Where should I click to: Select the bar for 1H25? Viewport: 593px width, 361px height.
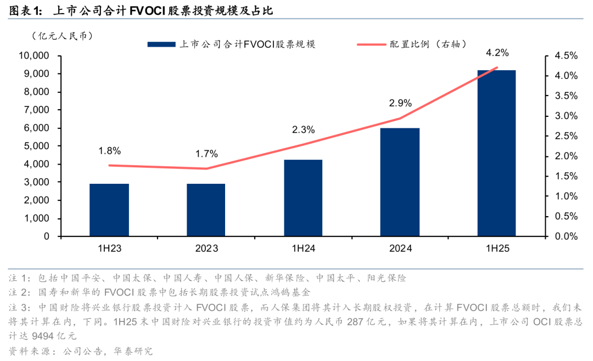click(496, 153)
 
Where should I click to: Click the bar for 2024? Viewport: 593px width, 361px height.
click(400, 182)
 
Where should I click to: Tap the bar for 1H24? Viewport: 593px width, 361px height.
click(303, 198)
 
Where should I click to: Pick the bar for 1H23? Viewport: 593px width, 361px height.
click(109, 210)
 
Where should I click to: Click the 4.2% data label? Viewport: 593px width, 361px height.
click(497, 53)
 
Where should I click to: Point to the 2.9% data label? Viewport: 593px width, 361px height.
click(400, 103)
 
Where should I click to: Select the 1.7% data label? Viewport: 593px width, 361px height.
click(206, 154)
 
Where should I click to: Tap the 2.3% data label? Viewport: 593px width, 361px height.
click(303, 130)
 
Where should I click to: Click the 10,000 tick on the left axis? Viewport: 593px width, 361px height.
click(34, 56)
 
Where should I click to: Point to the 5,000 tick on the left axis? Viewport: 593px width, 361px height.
click(36, 146)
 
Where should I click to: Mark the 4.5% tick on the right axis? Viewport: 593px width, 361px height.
click(563, 56)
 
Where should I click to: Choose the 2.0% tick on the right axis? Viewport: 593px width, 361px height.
click(563, 156)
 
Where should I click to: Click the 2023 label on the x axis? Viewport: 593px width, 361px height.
click(206, 249)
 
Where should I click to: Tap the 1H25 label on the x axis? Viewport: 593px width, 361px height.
click(497, 249)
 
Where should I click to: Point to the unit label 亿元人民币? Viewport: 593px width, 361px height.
click(63, 36)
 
